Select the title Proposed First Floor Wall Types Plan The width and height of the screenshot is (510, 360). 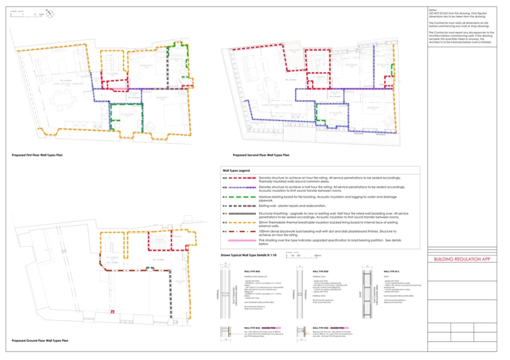37,155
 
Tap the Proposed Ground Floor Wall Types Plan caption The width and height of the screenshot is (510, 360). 40,341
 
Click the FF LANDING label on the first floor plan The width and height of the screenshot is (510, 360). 112,74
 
